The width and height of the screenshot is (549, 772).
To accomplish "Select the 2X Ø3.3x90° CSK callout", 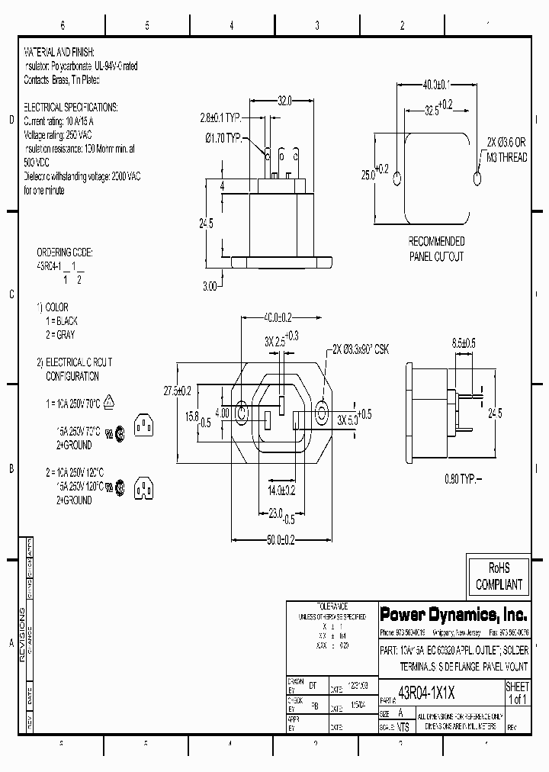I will tap(360, 349).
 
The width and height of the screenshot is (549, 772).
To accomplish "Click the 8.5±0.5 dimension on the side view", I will tap(464, 344).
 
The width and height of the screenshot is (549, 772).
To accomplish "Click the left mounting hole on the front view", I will tap(242, 414).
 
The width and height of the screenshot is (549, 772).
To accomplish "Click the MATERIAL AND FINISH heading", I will tap(59, 53).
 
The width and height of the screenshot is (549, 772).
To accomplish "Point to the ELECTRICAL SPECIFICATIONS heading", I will tap(70, 108).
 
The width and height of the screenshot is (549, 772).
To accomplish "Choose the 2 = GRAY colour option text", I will tap(60, 334).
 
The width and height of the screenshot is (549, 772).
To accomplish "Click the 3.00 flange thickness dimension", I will tap(210, 286).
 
